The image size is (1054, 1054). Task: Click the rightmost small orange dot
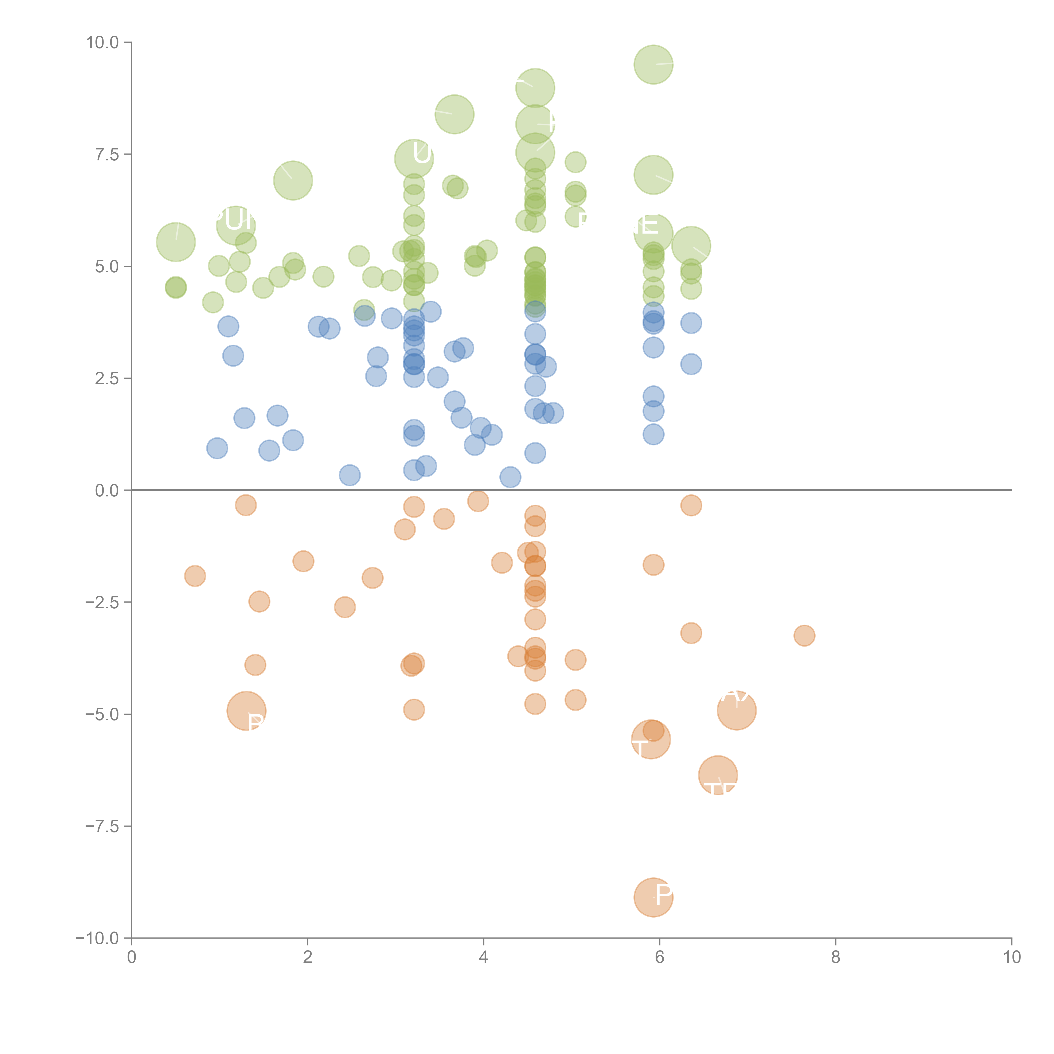[x=804, y=636]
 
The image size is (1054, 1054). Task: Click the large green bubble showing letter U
[x=414, y=159]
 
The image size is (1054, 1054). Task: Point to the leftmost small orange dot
[x=195, y=575]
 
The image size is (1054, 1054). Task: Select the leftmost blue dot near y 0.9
[x=217, y=448]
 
